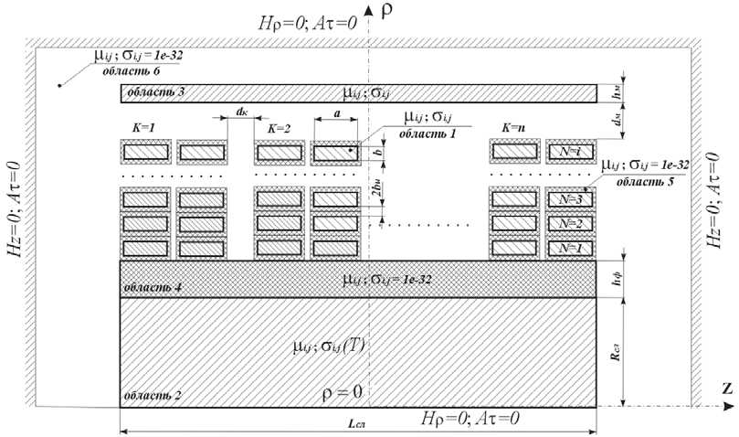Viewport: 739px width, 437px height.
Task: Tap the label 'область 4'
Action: pos(153,288)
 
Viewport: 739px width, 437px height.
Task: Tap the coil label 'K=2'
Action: pos(278,129)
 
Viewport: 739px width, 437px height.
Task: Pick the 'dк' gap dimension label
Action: pos(241,112)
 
